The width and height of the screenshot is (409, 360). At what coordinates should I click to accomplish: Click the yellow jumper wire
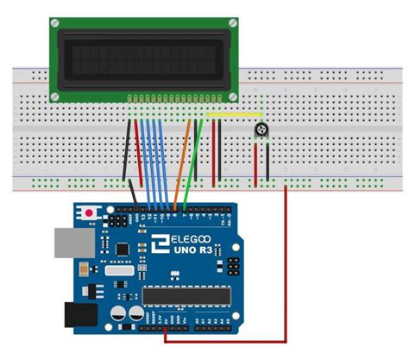click(234, 113)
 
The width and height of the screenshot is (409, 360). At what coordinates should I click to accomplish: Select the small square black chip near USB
click(123, 249)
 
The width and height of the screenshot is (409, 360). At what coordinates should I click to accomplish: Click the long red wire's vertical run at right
click(286, 259)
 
